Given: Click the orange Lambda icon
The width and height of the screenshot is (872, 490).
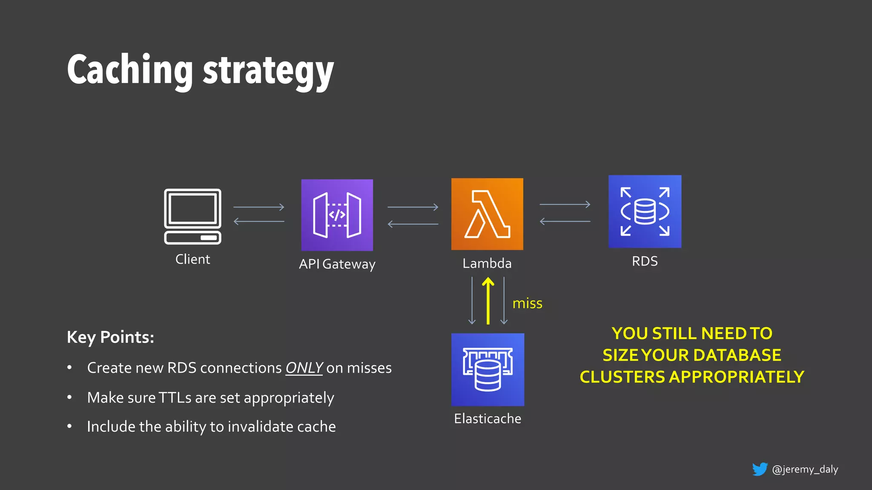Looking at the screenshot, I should (x=487, y=214).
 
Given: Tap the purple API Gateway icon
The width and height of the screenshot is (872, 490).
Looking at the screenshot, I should (x=337, y=215).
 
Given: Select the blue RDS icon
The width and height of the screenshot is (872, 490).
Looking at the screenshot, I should (x=645, y=211).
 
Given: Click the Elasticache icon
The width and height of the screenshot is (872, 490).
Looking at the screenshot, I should (x=488, y=369).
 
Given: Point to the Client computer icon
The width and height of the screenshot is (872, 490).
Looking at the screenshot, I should (x=192, y=216).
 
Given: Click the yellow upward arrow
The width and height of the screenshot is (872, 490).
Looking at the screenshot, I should (x=488, y=301).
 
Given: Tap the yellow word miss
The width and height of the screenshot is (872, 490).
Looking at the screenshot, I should (x=527, y=303).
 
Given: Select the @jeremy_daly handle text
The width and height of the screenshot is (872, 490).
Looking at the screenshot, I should (x=805, y=469).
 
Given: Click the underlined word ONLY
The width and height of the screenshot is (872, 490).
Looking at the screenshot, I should (x=304, y=368).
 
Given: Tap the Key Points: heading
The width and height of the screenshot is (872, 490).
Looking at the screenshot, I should (x=110, y=337).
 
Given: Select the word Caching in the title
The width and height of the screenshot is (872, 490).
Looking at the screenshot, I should (x=130, y=70).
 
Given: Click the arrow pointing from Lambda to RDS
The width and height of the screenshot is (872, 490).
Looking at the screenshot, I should (x=565, y=205).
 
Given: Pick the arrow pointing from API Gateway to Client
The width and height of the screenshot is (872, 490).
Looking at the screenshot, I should (x=259, y=221).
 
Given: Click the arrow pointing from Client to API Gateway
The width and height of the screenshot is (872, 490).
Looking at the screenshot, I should (x=259, y=207).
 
